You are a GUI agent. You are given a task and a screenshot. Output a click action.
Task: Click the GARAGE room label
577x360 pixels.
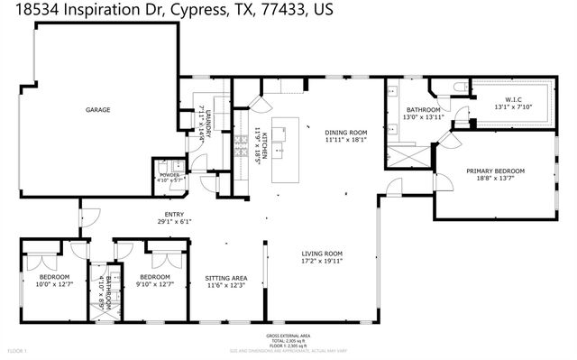98,110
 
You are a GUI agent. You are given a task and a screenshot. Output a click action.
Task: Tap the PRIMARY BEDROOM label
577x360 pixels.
495,171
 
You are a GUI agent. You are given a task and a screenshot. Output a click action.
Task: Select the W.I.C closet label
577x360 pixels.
514,100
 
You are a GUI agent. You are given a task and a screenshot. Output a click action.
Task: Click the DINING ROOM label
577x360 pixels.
347,132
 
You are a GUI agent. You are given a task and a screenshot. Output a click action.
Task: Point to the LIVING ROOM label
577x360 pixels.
323,254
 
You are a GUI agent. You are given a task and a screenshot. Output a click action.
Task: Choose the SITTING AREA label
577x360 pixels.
225,277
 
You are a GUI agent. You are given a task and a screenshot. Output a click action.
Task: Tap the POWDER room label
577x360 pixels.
169,175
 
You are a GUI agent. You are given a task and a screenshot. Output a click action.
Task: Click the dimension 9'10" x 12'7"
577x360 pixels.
155,284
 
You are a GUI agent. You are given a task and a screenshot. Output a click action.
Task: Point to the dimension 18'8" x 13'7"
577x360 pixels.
495,179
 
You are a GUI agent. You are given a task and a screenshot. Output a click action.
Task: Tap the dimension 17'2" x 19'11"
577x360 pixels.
323,262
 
